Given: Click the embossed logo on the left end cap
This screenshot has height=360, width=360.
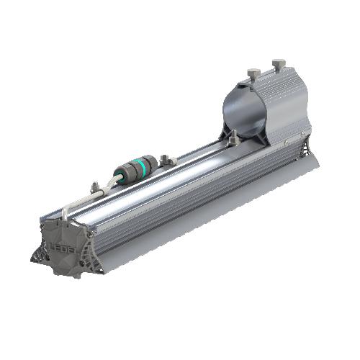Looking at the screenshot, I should [x=63, y=241].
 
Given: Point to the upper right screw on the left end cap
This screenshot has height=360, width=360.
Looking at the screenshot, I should [x=89, y=230].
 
